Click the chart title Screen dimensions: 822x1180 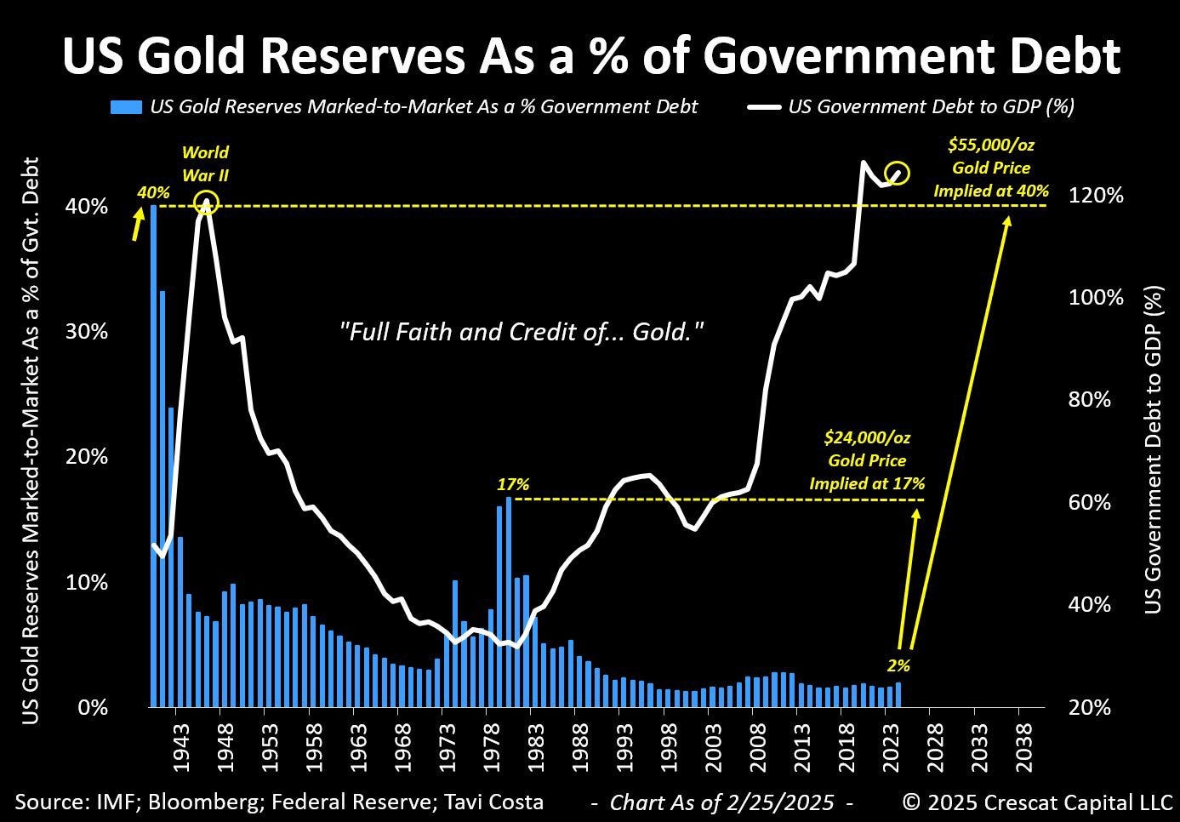coord(590,55)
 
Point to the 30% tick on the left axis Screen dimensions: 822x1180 coord(87,332)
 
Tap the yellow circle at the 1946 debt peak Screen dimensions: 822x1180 coord(207,203)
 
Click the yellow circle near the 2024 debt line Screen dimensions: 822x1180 coord(898,174)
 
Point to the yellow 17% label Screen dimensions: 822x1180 coord(513,484)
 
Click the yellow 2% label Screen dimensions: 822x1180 coord(899,666)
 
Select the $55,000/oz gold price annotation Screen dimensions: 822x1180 coord(991,168)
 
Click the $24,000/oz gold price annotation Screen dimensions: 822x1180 coord(867,460)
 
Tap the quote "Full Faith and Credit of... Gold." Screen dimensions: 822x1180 coord(521,332)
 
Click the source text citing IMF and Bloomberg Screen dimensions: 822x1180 coord(279,802)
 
